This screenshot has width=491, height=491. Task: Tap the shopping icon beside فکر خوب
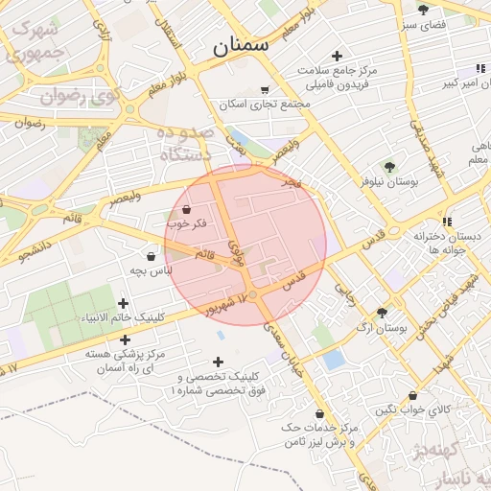[185, 209]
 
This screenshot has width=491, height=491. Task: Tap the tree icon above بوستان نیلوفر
[388, 166]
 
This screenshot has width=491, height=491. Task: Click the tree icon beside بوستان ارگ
[383, 313]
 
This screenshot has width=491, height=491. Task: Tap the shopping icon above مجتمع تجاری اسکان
[264, 90]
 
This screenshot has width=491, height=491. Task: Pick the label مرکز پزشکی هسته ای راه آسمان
[125, 362]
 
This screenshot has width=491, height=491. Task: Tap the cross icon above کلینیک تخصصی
[219, 362]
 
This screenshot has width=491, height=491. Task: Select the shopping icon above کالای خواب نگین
[412, 395]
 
